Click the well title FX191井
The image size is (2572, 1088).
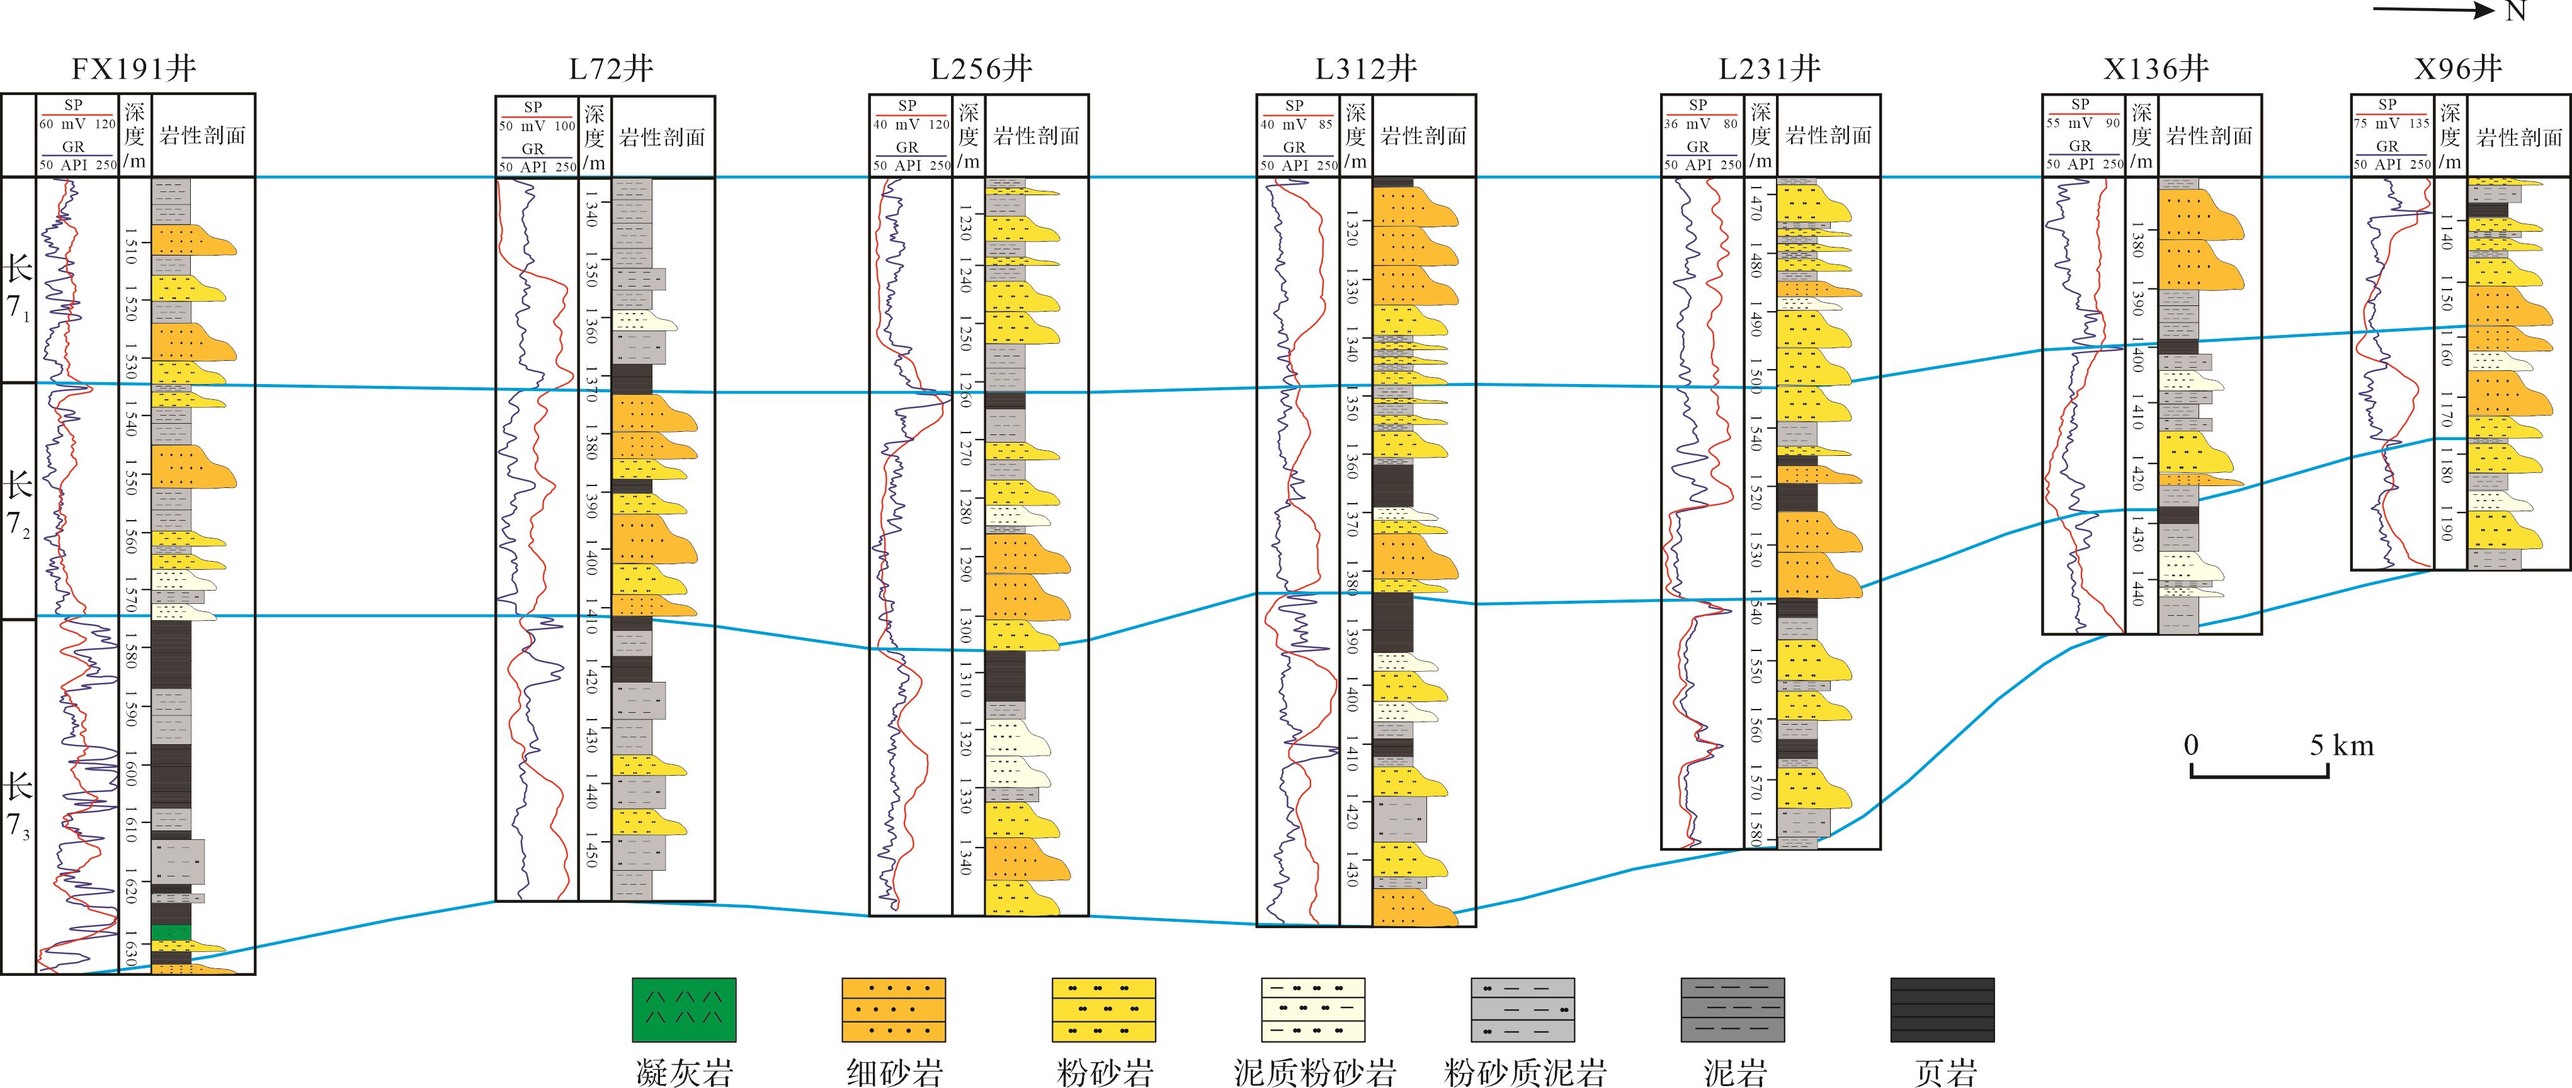point(134,69)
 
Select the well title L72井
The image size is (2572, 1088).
point(611,69)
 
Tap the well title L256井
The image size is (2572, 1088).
point(981,69)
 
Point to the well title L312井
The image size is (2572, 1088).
point(1367,69)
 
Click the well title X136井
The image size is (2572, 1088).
point(2154,69)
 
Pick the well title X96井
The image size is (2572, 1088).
point(2458,69)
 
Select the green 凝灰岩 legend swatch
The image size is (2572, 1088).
point(684,1010)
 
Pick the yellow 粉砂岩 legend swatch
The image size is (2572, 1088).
point(1103,1010)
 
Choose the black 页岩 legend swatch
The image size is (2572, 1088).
point(1942,1010)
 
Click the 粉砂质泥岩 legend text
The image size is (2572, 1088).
point(1525,1072)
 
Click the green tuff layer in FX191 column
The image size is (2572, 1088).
point(171,932)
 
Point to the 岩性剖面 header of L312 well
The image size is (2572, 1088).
point(1423,137)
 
